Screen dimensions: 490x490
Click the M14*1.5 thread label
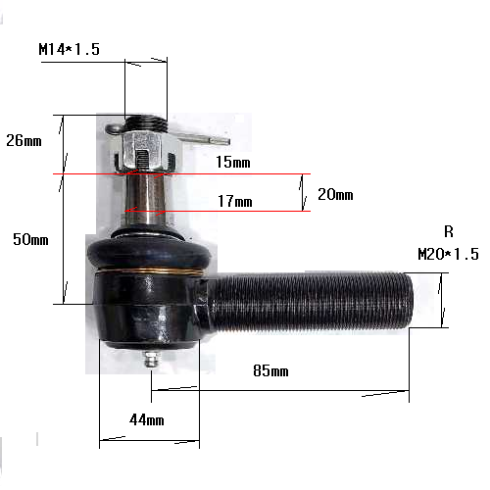[69, 49]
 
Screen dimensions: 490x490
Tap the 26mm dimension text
[24, 140]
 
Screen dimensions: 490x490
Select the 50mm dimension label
[30, 239]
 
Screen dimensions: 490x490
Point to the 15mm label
[233, 162]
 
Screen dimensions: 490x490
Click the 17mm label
[235, 201]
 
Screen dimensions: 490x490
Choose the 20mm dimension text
[335, 194]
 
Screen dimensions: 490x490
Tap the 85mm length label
[270, 370]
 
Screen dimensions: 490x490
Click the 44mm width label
[147, 419]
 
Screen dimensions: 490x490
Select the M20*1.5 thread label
[448, 254]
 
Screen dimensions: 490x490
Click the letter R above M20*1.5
[449, 231]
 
